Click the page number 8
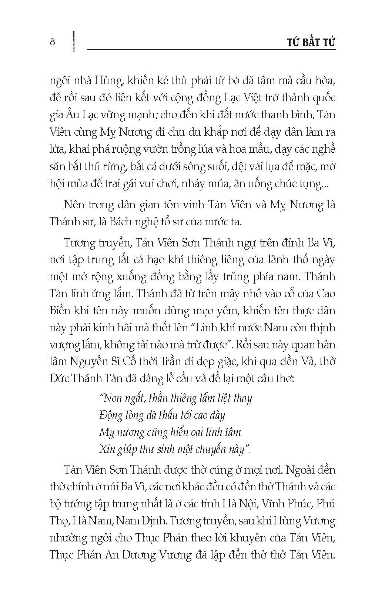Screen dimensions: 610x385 pos(52,42)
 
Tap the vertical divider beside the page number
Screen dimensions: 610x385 pos(74,42)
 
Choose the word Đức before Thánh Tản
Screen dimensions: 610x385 pos(59,379)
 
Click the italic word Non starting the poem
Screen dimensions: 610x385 pos(111,398)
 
